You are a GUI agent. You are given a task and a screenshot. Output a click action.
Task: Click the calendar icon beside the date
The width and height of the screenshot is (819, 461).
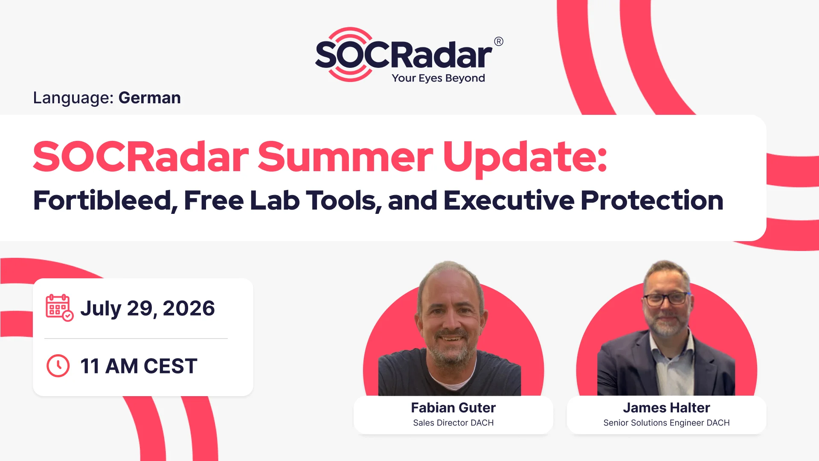[x=59, y=307]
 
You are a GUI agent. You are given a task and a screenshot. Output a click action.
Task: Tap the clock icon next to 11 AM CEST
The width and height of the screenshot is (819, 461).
[x=58, y=366]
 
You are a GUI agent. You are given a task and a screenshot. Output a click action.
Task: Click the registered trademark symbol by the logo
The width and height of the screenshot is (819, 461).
[x=499, y=41]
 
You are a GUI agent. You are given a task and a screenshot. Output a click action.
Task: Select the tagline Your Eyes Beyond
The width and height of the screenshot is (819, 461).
[x=439, y=78]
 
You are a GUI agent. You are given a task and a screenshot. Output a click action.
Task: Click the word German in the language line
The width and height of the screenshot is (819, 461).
[x=150, y=98]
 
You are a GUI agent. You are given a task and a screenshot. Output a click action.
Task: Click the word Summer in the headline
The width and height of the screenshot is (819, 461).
[x=346, y=157]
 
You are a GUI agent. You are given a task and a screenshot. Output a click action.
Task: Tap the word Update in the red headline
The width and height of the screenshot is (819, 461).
[x=525, y=158]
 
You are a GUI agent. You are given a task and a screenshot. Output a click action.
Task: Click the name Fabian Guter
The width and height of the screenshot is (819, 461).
[x=453, y=408]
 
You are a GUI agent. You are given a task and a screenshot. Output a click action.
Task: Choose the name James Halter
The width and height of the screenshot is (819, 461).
[x=666, y=408]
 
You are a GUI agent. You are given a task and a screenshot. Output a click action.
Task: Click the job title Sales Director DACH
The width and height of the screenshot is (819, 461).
[x=453, y=423]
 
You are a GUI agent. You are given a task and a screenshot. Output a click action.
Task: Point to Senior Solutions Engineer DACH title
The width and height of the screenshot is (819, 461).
[x=666, y=423]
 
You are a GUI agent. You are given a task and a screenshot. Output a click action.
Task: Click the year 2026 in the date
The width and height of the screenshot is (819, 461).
[x=189, y=308]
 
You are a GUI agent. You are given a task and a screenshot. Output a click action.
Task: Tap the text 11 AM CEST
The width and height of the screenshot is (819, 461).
[x=139, y=366]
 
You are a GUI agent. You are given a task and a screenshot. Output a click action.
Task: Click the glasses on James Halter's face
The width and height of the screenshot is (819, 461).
[x=667, y=298]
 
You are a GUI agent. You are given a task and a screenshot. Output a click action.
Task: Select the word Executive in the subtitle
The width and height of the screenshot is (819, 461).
[x=509, y=200]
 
